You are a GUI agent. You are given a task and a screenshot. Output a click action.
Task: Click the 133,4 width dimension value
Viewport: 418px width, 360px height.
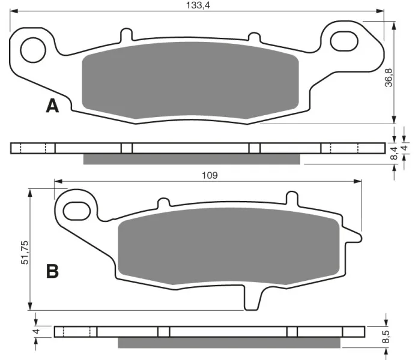click(198, 5)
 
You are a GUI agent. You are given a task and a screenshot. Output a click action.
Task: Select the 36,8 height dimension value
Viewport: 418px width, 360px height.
click(389, 77)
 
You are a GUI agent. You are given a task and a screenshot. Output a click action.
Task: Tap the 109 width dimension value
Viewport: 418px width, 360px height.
click(210, 175)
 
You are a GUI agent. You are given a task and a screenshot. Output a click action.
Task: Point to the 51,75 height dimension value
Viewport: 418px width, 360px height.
click(25, 253)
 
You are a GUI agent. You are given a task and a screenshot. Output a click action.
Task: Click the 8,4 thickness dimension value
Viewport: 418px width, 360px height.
click(394, 153)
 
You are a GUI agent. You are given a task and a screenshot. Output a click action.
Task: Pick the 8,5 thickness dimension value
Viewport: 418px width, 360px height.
click(386, 337)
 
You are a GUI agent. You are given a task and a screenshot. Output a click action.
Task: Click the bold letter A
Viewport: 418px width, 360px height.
click(52, 106)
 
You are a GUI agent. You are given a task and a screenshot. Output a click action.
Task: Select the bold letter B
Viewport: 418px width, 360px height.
click(52, 271)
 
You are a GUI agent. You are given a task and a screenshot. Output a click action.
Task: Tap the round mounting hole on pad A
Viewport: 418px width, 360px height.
click(33, 50)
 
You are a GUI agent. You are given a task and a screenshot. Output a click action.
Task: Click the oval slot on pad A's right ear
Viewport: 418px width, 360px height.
click(344, 41)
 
